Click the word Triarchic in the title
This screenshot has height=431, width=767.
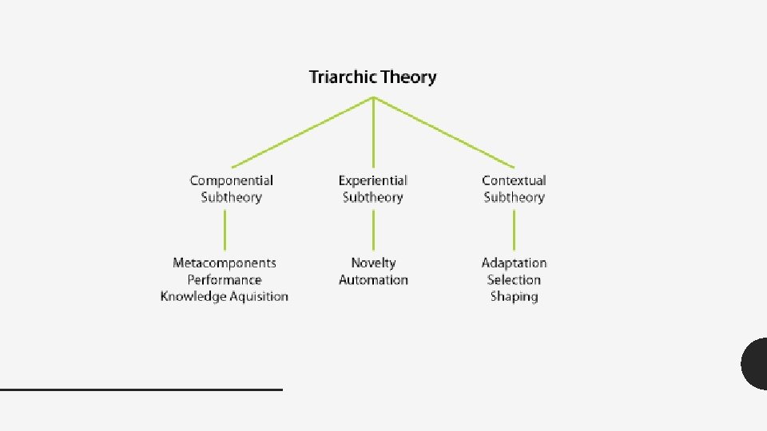coord(343,77)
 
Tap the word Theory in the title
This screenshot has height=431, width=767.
coord(408,77)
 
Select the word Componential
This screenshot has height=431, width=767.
coord(231,181)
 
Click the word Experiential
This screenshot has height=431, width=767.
coord(372,181)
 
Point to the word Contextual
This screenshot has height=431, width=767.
coord(514,181)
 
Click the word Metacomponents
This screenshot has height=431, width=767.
coord(225,263)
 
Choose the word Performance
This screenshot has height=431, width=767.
coord(225,279)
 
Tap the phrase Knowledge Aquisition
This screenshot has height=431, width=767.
coord(225,296)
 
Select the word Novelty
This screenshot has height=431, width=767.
coord(373,263)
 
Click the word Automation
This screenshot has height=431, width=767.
coord(373,279)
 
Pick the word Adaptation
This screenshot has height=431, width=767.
coord(514,263)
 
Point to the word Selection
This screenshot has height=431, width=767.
coord(514,279)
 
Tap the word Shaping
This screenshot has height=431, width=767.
coord(514,296)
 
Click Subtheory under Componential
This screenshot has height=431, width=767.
coord(231,197)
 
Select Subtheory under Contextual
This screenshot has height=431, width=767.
coord(514,197)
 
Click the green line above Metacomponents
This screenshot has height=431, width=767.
coord(225,230)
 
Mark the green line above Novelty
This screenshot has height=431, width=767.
coord(373,230)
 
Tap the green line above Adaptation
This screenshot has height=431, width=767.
coord(514,230)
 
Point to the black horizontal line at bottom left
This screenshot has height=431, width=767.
coord(141,389)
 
